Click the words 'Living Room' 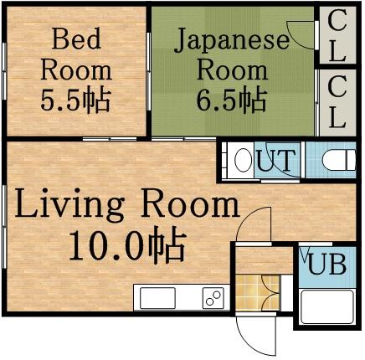[126, 203]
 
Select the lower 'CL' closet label [337, 101]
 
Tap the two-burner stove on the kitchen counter [210, 297]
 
